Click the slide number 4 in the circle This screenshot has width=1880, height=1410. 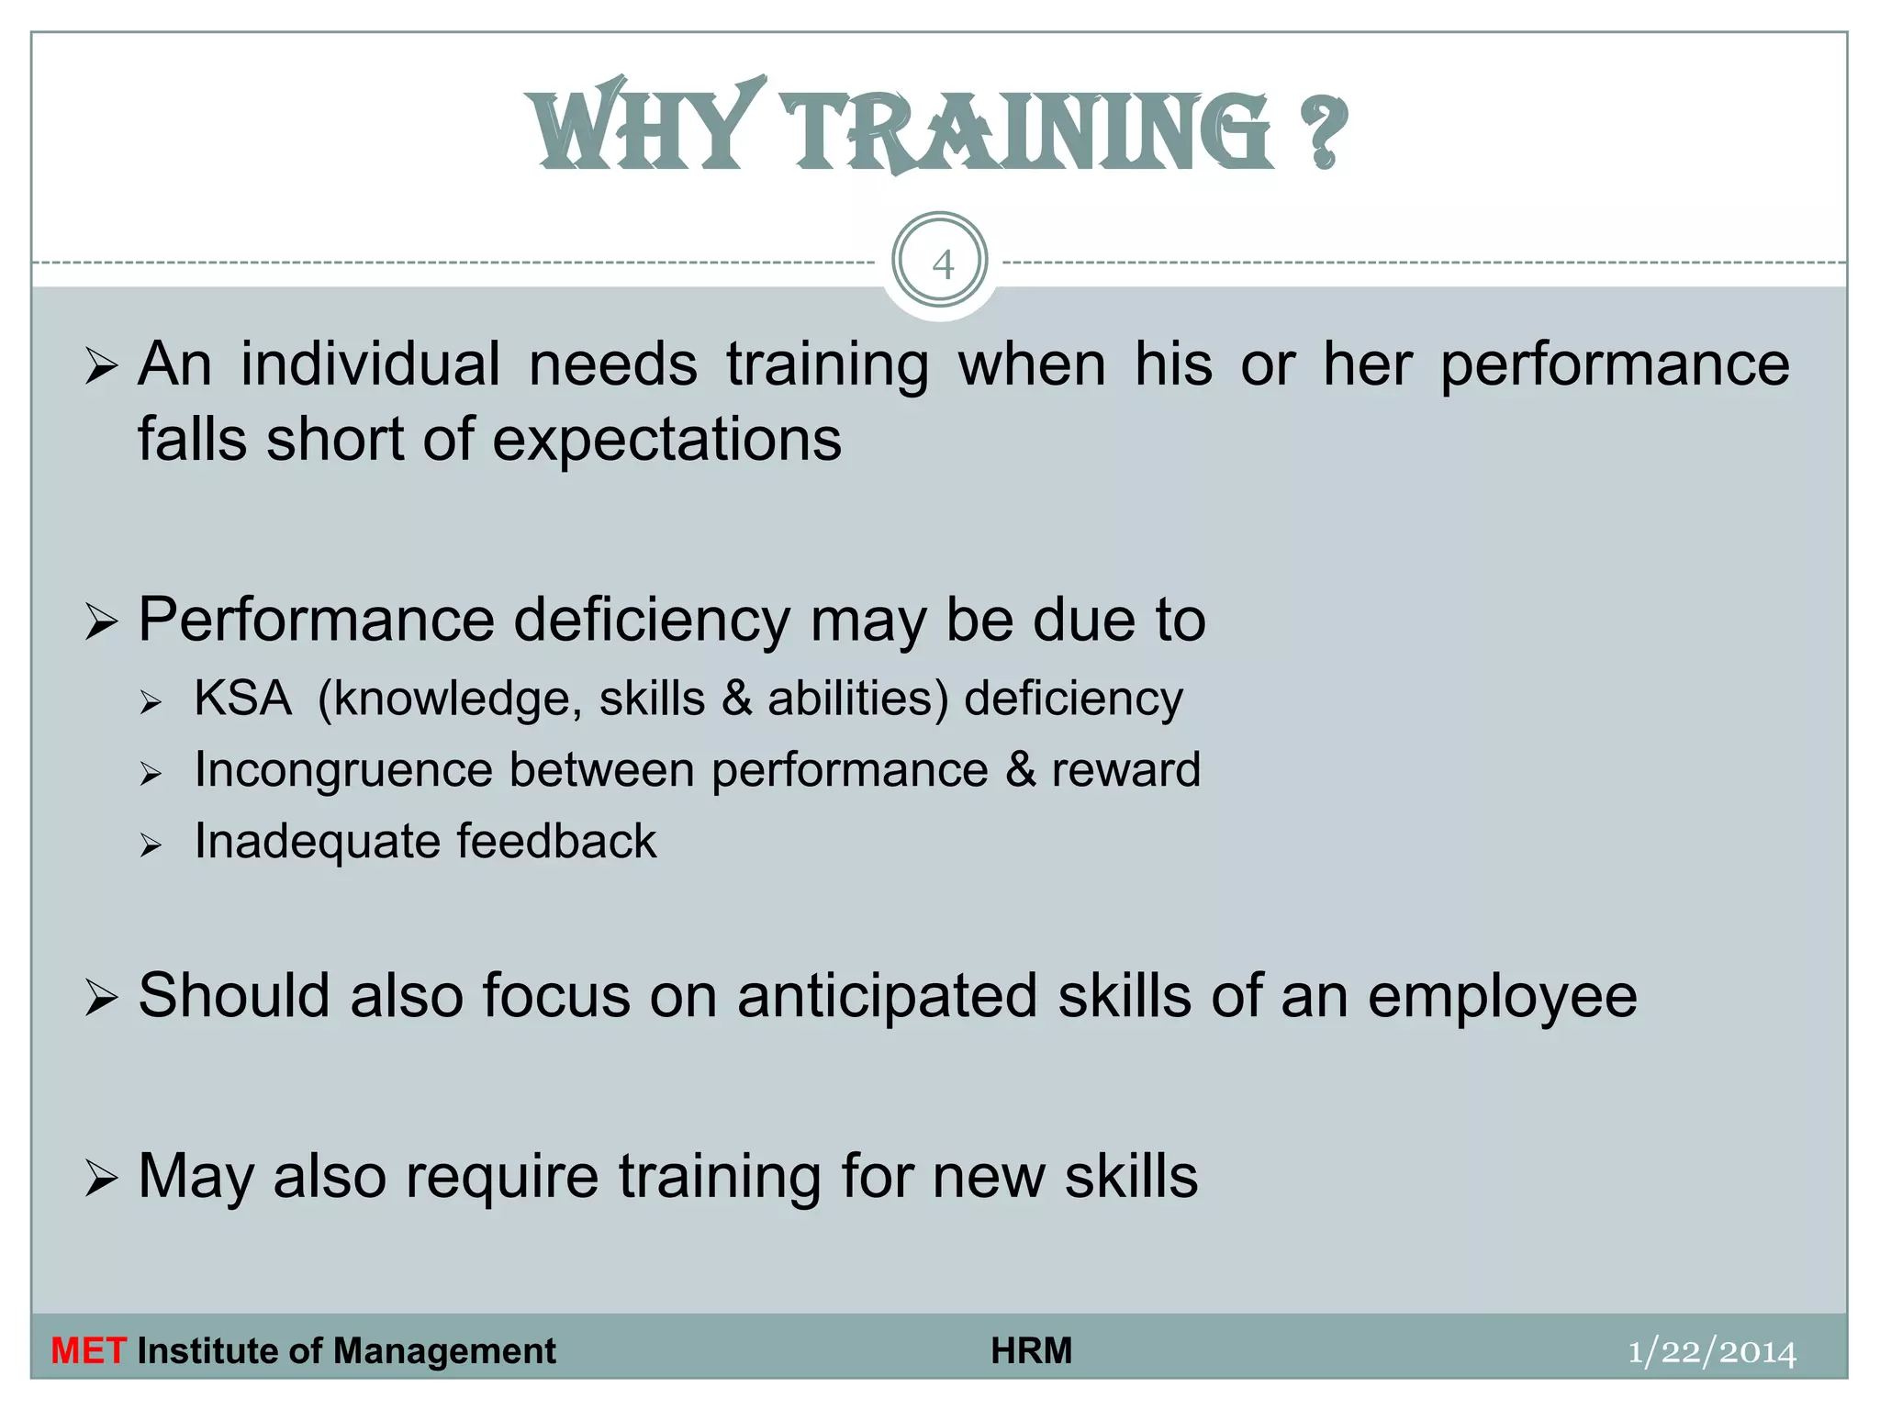coord(942,264)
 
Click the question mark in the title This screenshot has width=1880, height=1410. coord(1323,133)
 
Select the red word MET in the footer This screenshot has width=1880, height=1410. coord(88,1351)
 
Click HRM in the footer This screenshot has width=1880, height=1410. coord(1032,1351)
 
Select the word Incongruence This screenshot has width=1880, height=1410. coord(343,770)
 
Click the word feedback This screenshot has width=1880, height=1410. coord(556,841)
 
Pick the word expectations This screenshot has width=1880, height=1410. coord(667,440)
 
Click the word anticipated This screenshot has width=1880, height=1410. coord(887,996)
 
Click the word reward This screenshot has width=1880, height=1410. coord(1126,769)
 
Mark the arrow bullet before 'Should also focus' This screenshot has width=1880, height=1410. coord(101,998)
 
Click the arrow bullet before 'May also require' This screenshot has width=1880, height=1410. coord(101,1178)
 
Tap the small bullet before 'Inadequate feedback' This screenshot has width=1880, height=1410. coord(151,845)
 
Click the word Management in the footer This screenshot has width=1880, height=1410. coord(444,1351)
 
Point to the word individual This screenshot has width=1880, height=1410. coord(371,364)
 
